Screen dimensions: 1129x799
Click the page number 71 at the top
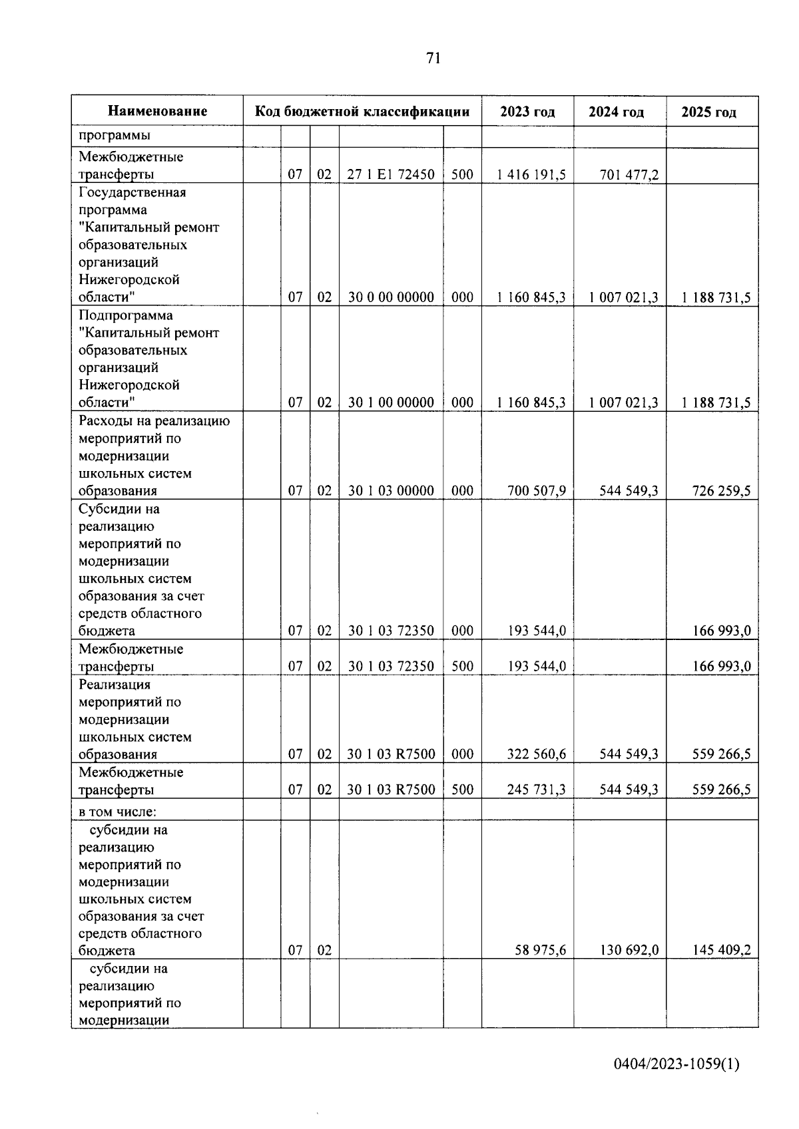pyautogui.click(x=433, y=59)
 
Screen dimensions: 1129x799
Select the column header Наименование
pyautogui.click(x=157, y=111)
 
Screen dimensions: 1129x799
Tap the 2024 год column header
pyautogui.click(x=616, y=112)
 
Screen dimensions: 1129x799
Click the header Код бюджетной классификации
pyautogui.click(x=362, y=111)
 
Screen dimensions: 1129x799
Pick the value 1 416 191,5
pyautogui.click(x=531, y=175)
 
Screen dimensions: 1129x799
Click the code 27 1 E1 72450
pyautogui.click(x=391, y=175)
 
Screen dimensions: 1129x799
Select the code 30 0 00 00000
pyautogui.click(x=391, y=297)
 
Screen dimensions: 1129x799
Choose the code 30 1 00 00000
pyautogui.click(x=391, y=403)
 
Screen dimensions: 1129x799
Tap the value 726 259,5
pyautogui.click(x=721, y=491)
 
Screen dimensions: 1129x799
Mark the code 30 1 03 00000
pyautogui.click(x=391, y=491)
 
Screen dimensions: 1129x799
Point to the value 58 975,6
pyautogui.click(x=540, y=951)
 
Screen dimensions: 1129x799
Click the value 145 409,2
pyautogui.click(x=721, y=951)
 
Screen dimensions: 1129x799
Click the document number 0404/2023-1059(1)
pyautogui.click(x=676, y=1064)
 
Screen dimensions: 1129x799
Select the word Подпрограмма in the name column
pyautogui.click(x=125, y=315)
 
